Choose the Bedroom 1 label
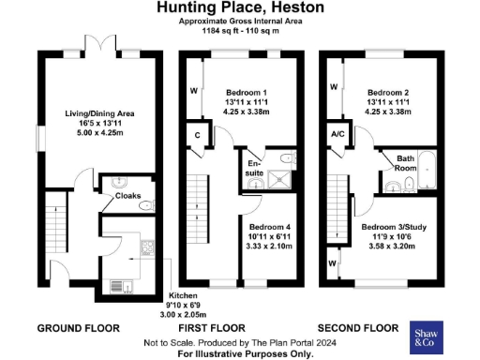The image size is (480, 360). (x=247, y=94)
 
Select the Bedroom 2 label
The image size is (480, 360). (x=387, y=94)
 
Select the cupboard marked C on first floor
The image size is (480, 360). (x=197, y=134)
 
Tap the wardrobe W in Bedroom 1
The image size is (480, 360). (x=194, y=92)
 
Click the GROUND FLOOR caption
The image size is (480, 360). (x=78, y=329)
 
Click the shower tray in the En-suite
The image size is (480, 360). (x=278, y=175)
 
